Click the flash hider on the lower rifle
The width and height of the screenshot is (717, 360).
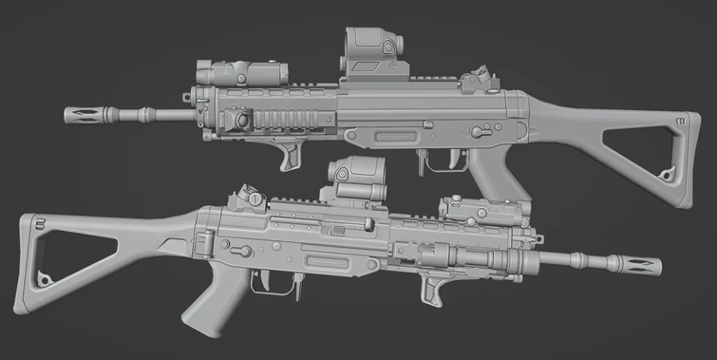[x=636, y=261]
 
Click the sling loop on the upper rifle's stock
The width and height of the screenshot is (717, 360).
[x=669, y=174]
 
